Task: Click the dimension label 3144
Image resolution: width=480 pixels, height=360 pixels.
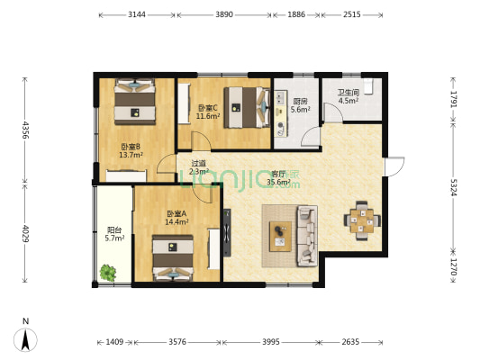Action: tap(137, 14)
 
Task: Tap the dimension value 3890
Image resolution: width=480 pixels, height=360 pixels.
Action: tap(224, 14)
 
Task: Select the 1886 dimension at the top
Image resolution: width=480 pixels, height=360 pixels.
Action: tap(296, 14)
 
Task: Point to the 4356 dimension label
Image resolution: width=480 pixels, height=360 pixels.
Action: tap(25, 130)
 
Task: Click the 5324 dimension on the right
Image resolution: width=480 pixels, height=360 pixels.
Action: tap(453, 187)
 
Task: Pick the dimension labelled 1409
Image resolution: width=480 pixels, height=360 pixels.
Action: tap(114, 342)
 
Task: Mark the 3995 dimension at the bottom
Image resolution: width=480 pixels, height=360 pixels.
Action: tap(270, 342)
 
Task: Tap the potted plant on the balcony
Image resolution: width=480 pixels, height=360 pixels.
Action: tap(108, 273)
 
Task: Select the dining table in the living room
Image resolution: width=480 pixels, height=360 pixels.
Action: tap(362, 220)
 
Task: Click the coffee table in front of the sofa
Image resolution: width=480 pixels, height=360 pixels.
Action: tap(280, 237)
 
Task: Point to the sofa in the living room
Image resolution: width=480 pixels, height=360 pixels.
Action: tap(307, 236)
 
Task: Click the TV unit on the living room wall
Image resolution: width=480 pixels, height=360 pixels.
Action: tap(227, 232)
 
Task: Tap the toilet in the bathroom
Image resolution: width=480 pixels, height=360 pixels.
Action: tap(368, 86)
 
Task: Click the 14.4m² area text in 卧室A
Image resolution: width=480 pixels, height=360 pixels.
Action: tap(177, 222)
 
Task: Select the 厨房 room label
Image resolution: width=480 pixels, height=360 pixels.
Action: tap(300, 102)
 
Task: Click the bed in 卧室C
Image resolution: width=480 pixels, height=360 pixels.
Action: tap(247, 108)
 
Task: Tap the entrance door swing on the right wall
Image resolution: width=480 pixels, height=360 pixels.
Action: tap(395, 166)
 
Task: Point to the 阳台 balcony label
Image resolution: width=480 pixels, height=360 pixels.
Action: tap(114, 230)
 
